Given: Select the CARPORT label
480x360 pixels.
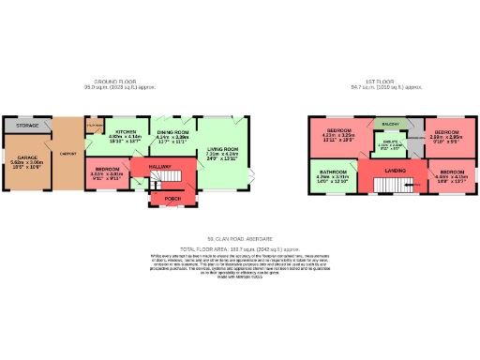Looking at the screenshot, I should point(67,153).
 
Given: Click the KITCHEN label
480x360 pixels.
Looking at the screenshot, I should point(125,132).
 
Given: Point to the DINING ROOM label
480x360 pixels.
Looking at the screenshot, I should point(173,132).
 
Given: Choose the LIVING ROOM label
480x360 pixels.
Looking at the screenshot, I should point(223,148).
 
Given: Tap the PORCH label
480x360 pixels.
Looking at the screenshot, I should point(172,198).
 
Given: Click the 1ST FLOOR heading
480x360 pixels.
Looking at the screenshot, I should point(386,82).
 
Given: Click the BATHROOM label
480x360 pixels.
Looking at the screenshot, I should point(333,172).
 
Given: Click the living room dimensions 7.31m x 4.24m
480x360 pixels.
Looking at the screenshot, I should point(223,154).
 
